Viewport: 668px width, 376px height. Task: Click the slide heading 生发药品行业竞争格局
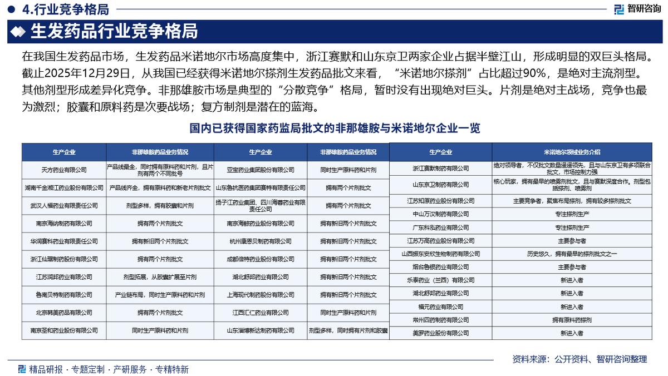[x=114, y=32]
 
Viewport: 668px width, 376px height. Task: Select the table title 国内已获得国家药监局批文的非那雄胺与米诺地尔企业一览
[x=335, y=128]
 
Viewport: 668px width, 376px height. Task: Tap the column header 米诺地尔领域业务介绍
[x=572, y=151]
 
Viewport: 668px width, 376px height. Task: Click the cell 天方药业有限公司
[x=64, y=170]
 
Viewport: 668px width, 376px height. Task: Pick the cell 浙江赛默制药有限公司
[x=440, y=168]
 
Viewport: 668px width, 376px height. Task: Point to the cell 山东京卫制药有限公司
[x=440, y=184]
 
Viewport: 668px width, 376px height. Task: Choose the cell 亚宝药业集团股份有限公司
[x=261, y=170]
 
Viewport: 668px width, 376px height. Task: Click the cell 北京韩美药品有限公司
[x=64, y=313]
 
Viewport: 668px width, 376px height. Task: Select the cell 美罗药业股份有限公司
[x=440, y=333]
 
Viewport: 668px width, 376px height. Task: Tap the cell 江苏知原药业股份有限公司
[x=440, y=200]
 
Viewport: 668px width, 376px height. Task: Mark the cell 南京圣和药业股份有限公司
[x=64, y=330]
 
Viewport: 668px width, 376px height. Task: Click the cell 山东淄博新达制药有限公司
[x=261, y=330]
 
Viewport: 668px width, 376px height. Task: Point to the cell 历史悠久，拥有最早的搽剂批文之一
[x=572, y=254]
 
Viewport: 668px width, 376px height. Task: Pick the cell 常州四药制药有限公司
[x=440, y=320]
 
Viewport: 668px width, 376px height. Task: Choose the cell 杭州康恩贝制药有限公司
[x=261, y=241]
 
